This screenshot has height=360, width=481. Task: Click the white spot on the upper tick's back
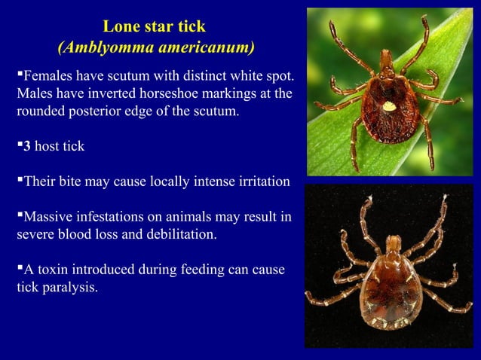pos(389,106)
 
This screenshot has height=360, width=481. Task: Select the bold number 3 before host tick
pos(25,146)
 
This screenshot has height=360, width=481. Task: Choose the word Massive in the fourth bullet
pos(46,217)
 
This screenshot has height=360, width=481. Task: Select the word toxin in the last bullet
pos(57,269)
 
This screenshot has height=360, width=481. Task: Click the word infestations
pos(109,217)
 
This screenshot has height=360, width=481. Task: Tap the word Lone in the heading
pos(118,28)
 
